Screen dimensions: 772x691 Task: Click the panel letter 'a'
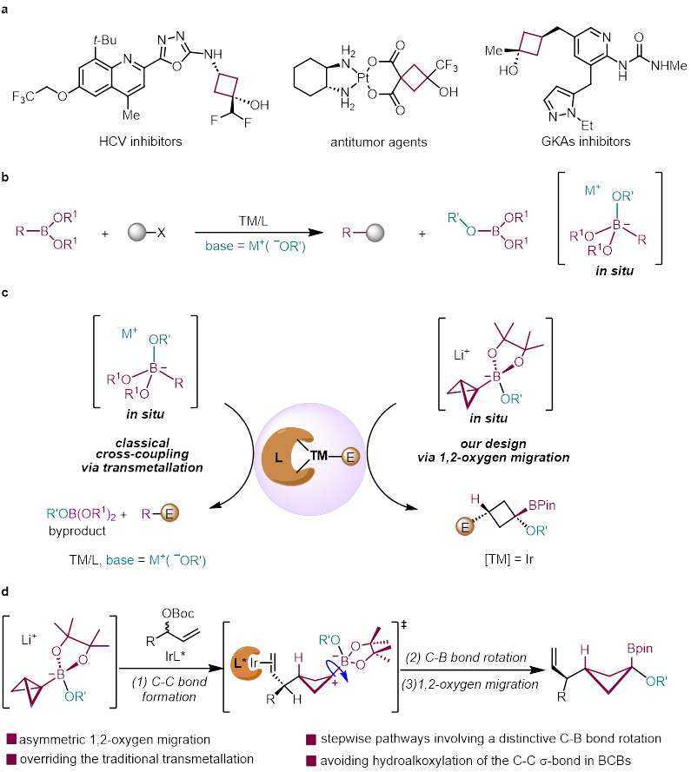coord(7,7)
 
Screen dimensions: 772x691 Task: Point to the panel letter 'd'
coord(7,588)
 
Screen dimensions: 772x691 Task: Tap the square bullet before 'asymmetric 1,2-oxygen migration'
coord(11,740)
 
